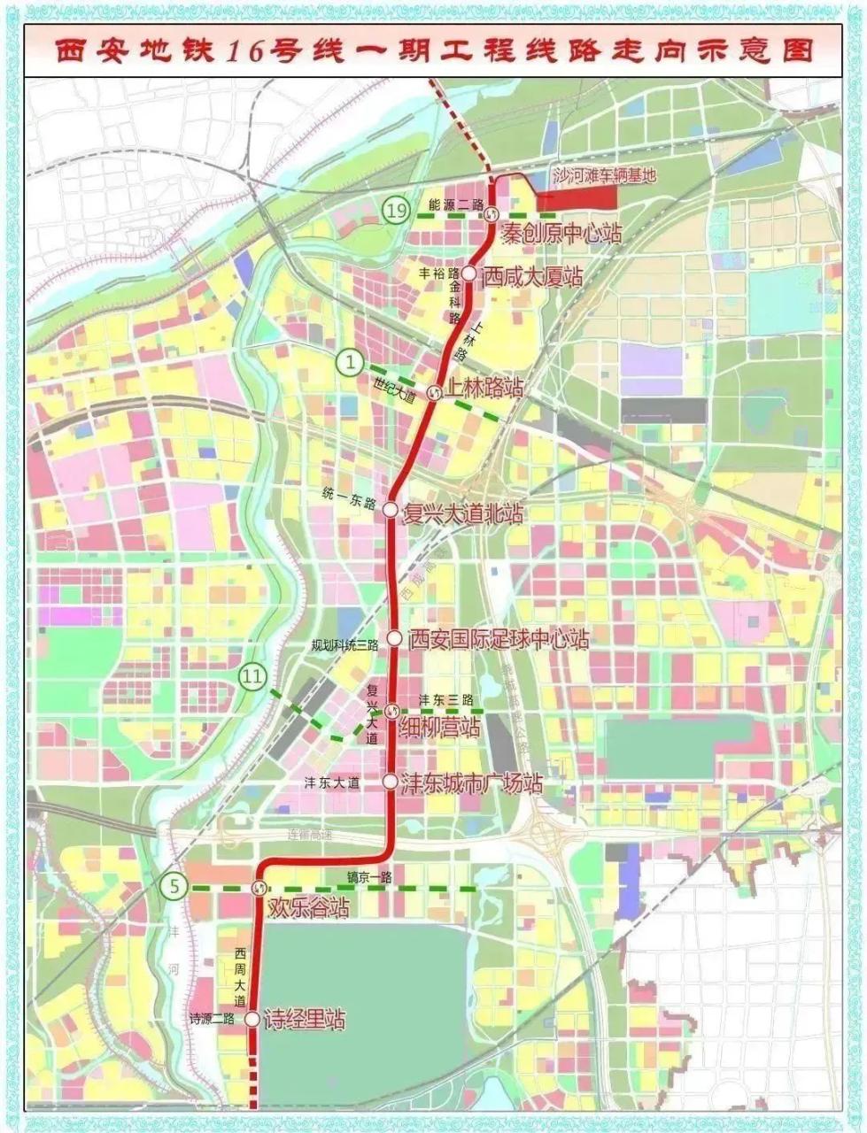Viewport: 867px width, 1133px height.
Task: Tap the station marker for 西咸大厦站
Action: point(468,276)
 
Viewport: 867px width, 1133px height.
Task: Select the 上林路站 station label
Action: point(484,388)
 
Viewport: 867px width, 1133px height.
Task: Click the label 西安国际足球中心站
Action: point(499,638)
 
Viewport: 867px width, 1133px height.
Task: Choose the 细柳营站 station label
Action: point(439,728)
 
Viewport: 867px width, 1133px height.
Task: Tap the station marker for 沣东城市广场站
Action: point(390,782)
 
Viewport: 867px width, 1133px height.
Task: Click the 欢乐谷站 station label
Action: point(309,907)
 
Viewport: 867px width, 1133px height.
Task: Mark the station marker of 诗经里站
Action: point(252,1019)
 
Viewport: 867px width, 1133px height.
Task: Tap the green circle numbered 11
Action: point(253,678)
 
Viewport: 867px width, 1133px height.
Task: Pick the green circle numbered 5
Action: point(175,883)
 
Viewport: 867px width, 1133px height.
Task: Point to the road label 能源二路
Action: point(455,205)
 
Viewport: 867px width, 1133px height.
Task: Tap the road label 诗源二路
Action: point(212,1018)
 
